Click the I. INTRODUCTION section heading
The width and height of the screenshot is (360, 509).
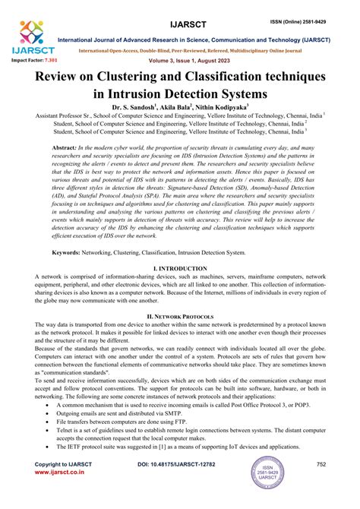coord(180,268)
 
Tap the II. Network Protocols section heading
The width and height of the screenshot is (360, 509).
coord(180,315)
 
